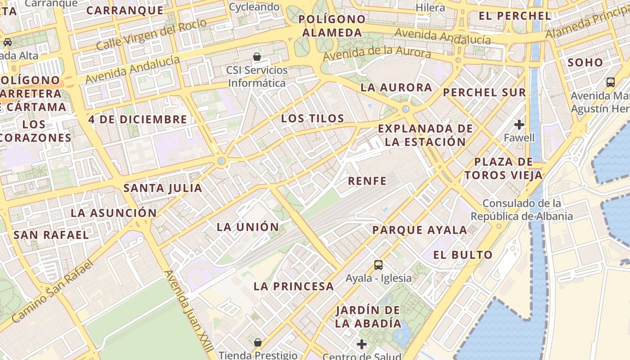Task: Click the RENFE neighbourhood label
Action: [x=367, y=181]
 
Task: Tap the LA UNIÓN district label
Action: [x=248, y=227]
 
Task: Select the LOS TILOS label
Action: [x=312, y=119]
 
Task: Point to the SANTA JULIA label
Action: [x=163, y=188]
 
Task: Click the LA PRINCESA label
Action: [x=293, y=286]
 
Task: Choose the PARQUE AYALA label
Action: [x=419, y=230]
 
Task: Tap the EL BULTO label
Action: [x=463, y=255]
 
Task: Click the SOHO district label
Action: [x=585, y=63]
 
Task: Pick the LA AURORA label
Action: [x=396, y=87]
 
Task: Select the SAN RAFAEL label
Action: [x=51, y=235]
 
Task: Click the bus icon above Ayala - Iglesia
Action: [x=378, y=265]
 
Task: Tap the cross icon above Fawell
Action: [x=519, y=124]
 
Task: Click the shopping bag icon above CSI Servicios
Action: [x=257, y=57]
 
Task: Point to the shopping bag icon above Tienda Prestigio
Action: [x=258, y=342]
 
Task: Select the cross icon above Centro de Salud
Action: [x=362, y=345]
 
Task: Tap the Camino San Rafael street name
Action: [x=52, y=292]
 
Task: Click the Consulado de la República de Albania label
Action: [x=522, y=210]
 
